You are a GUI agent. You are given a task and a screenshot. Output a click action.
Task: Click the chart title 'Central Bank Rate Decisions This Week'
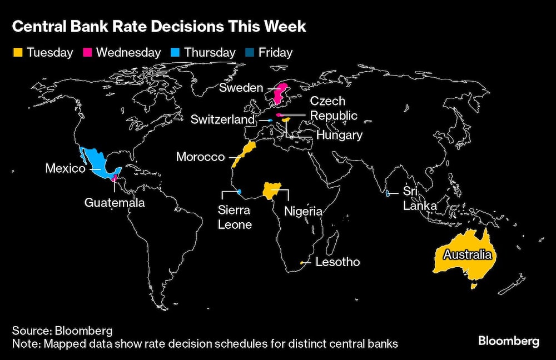pyautogui.click(x=158, y=27)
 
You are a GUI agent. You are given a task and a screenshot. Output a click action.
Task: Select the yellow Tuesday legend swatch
pyautogui.click(x=17, y=53)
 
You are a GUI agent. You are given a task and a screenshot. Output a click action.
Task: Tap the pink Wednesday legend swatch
pyautogui.click(x=87, y=53)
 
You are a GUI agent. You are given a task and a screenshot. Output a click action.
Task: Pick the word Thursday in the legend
pyautogui.click(x=210, y=53)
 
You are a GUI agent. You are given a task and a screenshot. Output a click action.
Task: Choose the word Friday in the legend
pyautogui.click(x=275, y=53)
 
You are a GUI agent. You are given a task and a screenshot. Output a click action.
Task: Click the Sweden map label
pyautogui.click(x=241, y=88)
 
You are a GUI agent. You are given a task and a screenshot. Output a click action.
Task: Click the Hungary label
pyautogui.click(x=339, y=135)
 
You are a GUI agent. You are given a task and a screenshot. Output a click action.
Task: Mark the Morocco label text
pyautogui.click(x=200, y=157)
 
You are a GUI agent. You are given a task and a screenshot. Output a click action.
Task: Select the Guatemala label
pyautogui.click(x=115, y=202)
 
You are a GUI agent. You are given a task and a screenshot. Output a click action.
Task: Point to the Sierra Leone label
pyautogui.click(x=234, y=217)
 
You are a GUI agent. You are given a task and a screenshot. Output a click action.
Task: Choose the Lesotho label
pyautogui.click(x=337, y=262)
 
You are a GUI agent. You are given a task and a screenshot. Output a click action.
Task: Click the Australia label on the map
pyautogui.click(x=467, y=255)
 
